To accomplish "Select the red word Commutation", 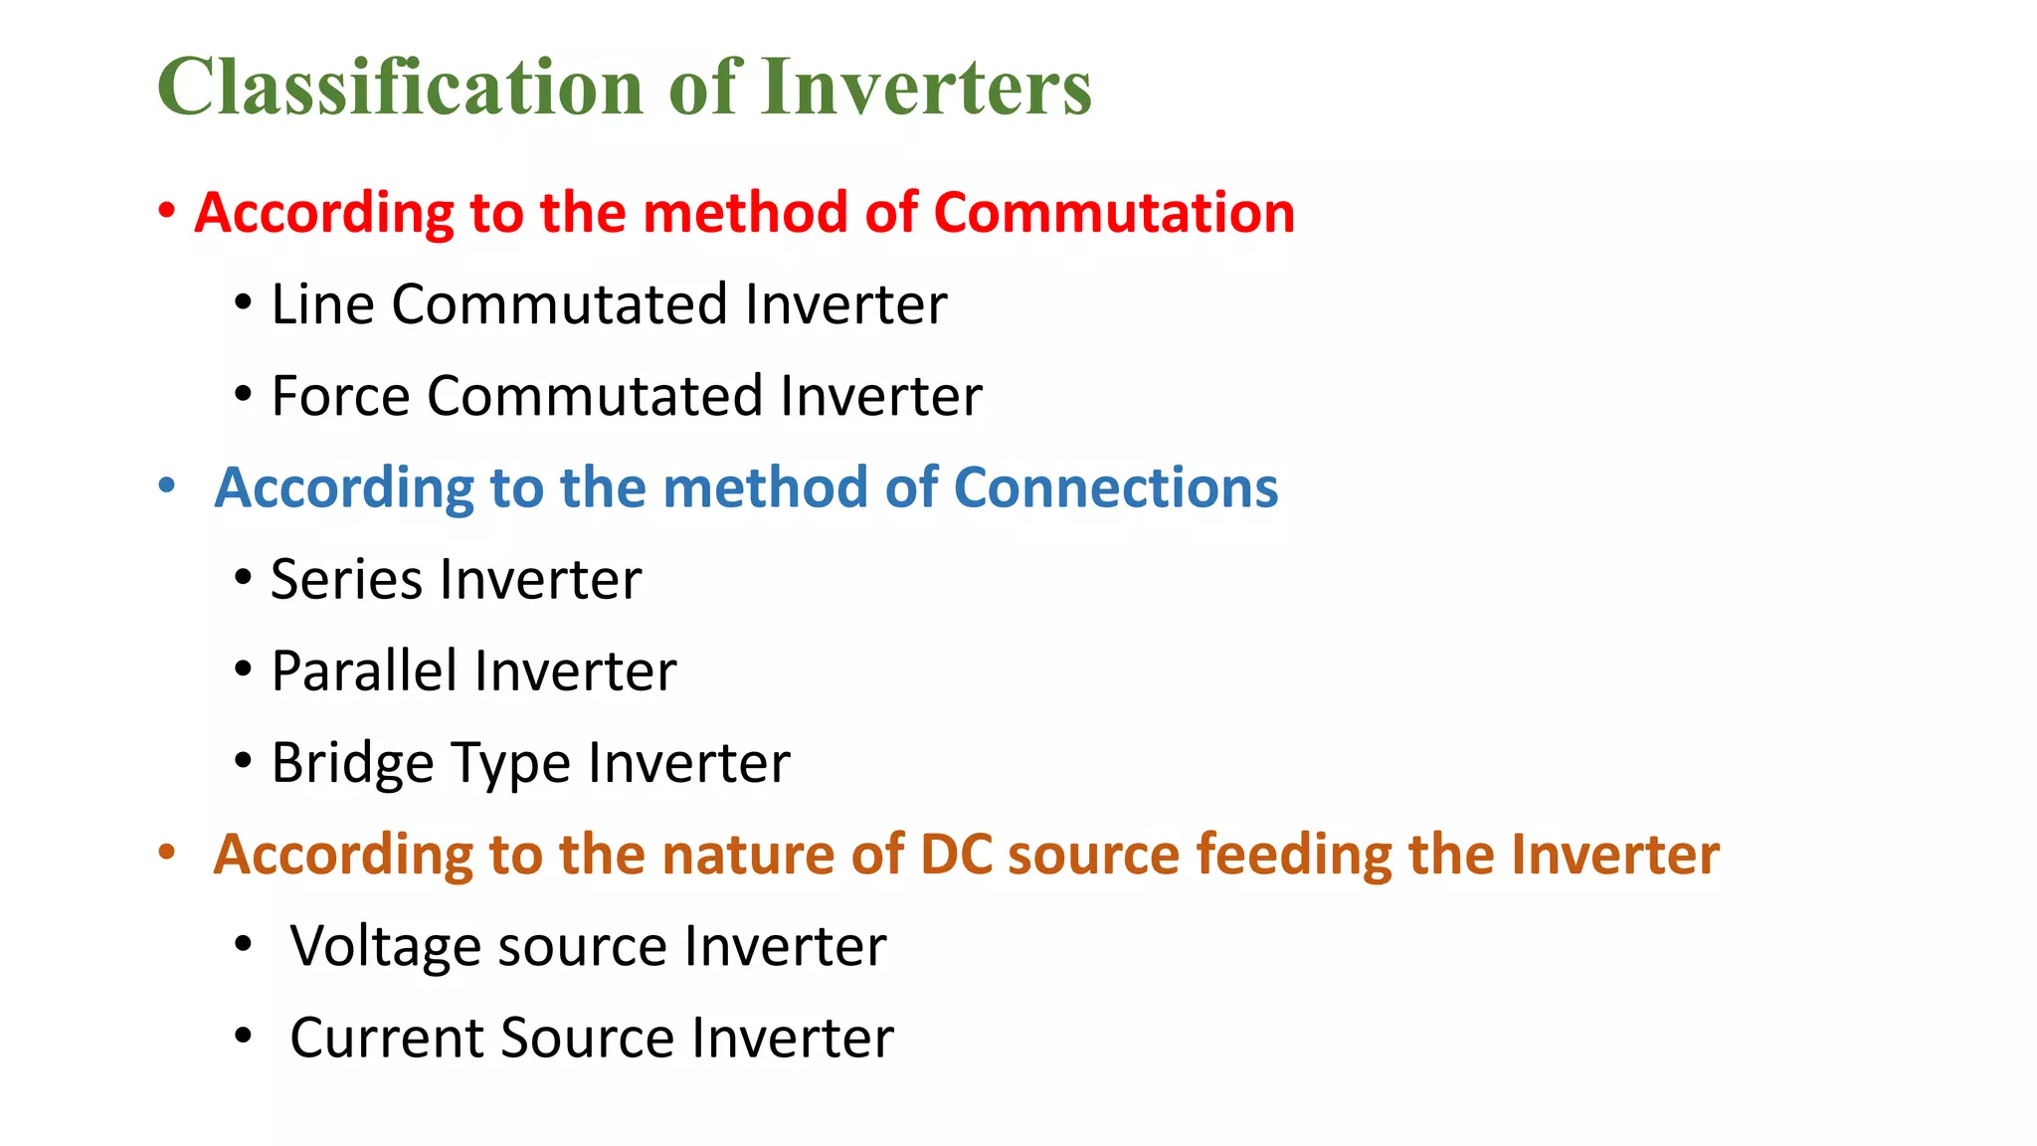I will click(x=1114, y=213).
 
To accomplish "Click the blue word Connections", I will click(x=1115, y=487).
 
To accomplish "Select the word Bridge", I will click(x=352, y=764).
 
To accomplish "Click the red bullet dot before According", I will click(x=167, y=211).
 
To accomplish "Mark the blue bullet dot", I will click(x=167, y=485).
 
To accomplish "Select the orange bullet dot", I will click(x=167, y=853).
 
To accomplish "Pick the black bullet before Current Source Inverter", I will click(x=244, y=1037).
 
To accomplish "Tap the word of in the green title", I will click(x=705, y=88).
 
